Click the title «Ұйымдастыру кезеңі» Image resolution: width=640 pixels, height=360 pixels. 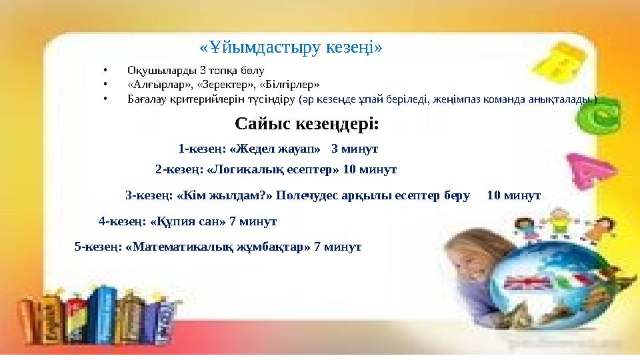click(x=291, y=47)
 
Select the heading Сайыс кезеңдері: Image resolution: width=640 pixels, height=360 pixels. click(x=307, y=124)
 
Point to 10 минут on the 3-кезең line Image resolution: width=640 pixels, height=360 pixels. click(x=513, y=196)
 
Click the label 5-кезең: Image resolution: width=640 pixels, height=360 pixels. click(x=98, y=247)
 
